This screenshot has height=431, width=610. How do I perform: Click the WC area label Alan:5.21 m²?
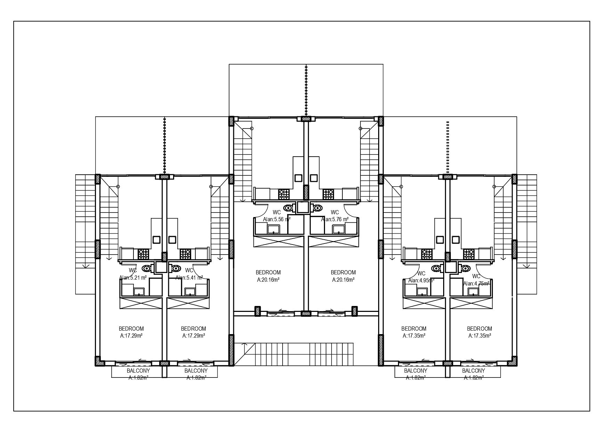click(133, 277)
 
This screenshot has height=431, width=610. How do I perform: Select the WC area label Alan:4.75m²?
click(476, 283)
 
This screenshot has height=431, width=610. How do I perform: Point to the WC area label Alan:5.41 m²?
click(189, 277)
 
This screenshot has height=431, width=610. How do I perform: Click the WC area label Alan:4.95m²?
click(421, 280)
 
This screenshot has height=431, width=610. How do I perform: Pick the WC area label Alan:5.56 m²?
click(277, 219)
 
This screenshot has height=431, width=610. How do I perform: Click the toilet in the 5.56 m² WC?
click(288, 208)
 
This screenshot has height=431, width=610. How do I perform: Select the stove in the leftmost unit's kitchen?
click(143, 254)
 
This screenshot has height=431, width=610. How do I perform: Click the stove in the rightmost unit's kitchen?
click(469, 254)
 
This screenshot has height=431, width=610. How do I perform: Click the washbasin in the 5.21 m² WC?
click(139, 291)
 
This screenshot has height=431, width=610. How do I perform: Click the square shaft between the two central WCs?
click(302, 207)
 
